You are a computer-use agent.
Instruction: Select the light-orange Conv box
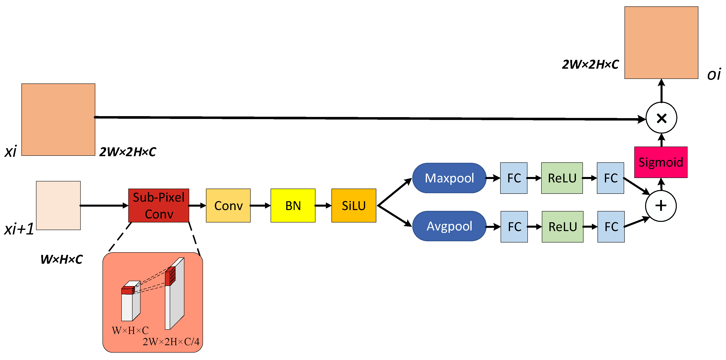(x=228, y=205)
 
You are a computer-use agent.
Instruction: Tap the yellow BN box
(x=293, y=205)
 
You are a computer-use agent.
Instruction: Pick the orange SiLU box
(x=353, y=205)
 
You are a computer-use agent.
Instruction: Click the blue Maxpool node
(x=449, y=178)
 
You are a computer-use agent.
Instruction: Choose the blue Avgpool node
(x=449, y=226)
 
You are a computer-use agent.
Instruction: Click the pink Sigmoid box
(x=660, y=162)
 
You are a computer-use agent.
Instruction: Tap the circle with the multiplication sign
(x=661, y=118)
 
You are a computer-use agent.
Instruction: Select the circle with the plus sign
(x=661, y=206)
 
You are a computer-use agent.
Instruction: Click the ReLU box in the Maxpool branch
(x=562, y=178)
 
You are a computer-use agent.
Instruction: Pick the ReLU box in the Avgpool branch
(x=562, y=227)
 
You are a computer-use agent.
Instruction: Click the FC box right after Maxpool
(x=513, y=178)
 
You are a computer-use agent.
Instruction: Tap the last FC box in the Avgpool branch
(x=611, y=227)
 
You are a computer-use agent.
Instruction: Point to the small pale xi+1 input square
(x=58, y=205)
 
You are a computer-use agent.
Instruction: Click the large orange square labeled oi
(x=661, y=43)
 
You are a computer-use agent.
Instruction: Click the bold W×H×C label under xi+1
(x=61, y=259)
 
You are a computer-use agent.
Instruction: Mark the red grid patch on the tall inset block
(x=170, y=276)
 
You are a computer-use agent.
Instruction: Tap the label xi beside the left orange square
(x=11, y=152)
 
